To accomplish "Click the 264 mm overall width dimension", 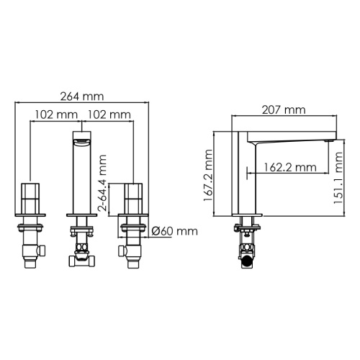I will point(82,96).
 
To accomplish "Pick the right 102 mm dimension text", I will point(109,114).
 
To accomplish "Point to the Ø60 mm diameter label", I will point(175,231).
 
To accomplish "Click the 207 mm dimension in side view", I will point(284,110).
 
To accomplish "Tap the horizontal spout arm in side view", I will point(288,139).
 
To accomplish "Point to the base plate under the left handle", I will point(30,215).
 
